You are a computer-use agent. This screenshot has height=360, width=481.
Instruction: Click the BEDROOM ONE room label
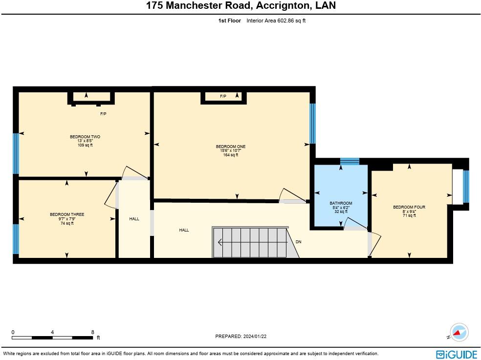pyautogui.click(x=230, y=147)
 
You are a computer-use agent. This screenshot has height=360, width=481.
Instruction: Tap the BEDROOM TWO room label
pyautogui.click(x=85, y=137)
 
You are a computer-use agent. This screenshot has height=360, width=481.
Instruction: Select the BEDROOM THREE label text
pyautogui.click(x=67, y=214)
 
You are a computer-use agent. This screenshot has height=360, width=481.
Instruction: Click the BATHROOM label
pyautogui.click(x=341, y=203)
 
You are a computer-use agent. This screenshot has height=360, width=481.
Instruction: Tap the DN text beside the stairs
pyautogui.click(x=299, y=242)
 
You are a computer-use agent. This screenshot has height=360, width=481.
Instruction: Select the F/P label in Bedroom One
pyautogui.click(x=223, y=97)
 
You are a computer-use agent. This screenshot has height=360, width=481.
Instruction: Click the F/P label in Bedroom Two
pyautogui.click(x=103, y=114)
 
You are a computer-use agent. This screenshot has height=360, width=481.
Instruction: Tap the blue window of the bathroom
pyautogui.click(x=350, y=162)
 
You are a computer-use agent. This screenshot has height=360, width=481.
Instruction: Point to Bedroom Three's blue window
pyautogui.click(x=16, y=239)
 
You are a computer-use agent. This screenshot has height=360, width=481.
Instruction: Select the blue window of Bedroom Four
pyautogui.click(x=466, y=187)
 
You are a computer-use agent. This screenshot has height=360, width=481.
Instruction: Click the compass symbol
pyautogui.click(x=459, y=332)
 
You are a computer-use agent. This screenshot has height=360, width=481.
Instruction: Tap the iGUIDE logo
pyautogui.click(x=456, y=354)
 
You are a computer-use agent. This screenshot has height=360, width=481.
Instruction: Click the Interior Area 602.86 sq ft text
pyautogui.click(x=276, y=21)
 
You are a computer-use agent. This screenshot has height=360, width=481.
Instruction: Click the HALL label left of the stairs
pyautogui.click(x=184, y=230)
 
